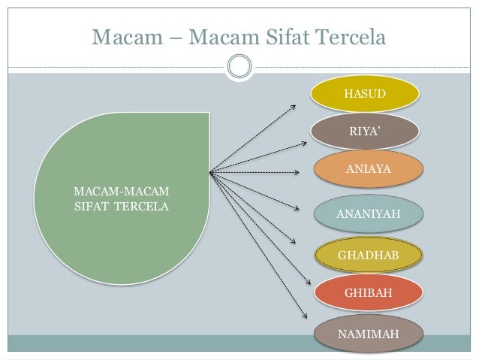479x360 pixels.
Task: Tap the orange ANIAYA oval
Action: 368,170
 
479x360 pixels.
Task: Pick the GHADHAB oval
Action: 368,256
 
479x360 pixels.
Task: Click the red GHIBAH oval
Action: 368,292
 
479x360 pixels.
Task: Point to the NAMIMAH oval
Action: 368,333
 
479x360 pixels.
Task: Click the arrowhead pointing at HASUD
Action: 294,106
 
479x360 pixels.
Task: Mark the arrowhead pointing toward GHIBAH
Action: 307,283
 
